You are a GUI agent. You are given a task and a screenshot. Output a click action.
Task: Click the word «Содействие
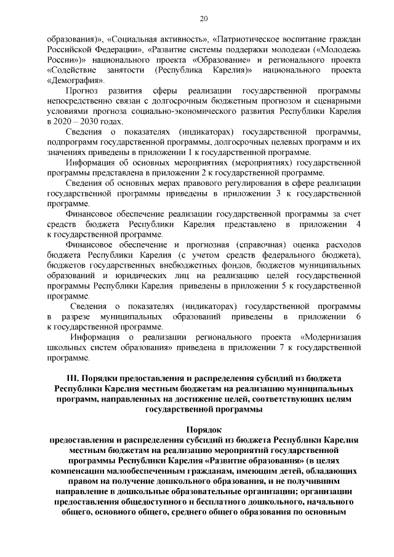(72, 70)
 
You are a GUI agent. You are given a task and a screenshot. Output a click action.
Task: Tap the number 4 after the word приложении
(358, 225)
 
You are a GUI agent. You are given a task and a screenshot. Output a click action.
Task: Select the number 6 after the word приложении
(358, 316)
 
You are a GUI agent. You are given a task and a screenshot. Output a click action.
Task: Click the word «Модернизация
(329, 337)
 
